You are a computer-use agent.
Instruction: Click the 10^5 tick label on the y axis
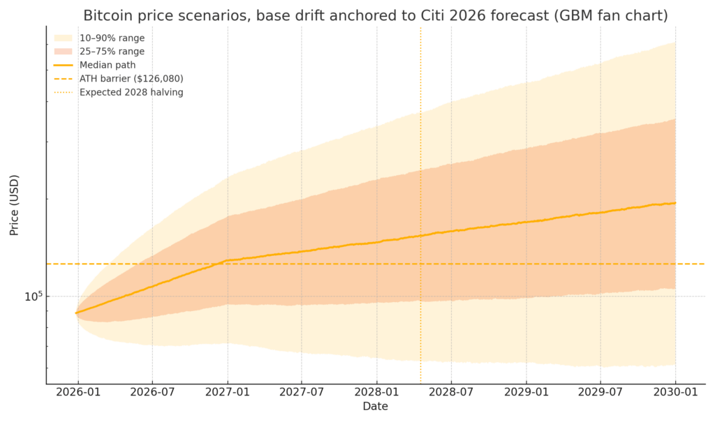(34, 296)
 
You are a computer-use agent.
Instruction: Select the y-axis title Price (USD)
(14, 205)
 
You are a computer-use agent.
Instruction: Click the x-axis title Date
(376, 407)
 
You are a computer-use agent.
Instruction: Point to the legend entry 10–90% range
(112, 38)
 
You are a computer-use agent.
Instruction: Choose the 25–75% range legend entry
(112, 52)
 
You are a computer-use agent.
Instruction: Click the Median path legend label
(108, 65)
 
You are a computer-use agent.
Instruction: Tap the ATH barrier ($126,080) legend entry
(131, 79)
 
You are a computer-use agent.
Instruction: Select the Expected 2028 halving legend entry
(131, 92)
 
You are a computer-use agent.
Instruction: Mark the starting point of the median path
(76, 313)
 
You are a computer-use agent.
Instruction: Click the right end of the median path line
(675, 203)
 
